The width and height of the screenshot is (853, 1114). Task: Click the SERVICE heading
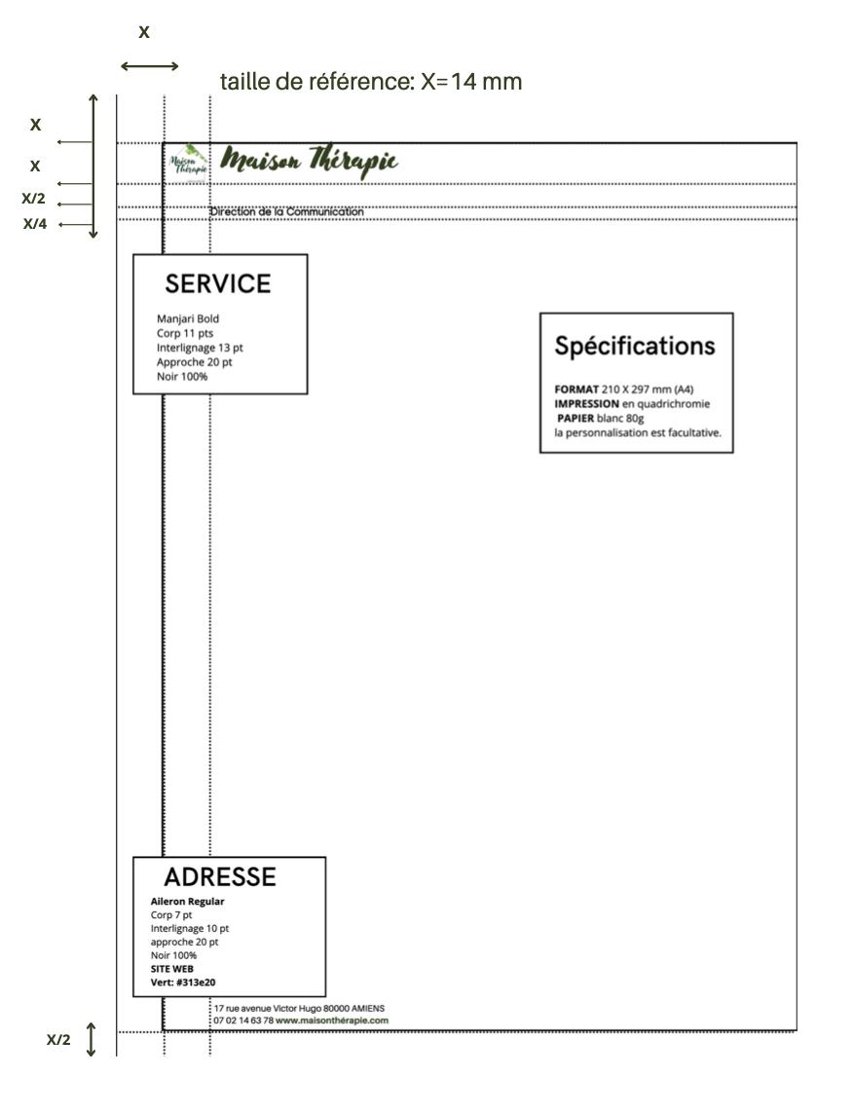[218, 283]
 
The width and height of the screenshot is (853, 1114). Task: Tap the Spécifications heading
[635, 346]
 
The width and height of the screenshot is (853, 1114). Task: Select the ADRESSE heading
[220, 877]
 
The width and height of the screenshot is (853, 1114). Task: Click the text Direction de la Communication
[286, 211]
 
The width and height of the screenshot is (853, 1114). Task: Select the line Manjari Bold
[188, 318]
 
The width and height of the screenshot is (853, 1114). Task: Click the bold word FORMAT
[575, 390]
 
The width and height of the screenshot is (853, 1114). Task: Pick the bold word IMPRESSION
[586, 403]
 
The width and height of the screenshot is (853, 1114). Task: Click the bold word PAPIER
[575, 418]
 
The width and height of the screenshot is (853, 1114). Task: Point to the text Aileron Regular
[187, 902]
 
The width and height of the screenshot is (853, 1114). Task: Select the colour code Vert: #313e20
[183, 983]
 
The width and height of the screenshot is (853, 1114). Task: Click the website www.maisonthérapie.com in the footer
[332, 1021]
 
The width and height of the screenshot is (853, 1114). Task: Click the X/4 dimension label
[35, 224]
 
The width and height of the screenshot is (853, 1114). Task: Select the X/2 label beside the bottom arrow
[58, 1040]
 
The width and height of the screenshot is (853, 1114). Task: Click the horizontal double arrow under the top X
[149, 66]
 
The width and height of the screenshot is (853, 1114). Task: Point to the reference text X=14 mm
[471, 82]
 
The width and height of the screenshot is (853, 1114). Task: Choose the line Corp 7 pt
[171, 915]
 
